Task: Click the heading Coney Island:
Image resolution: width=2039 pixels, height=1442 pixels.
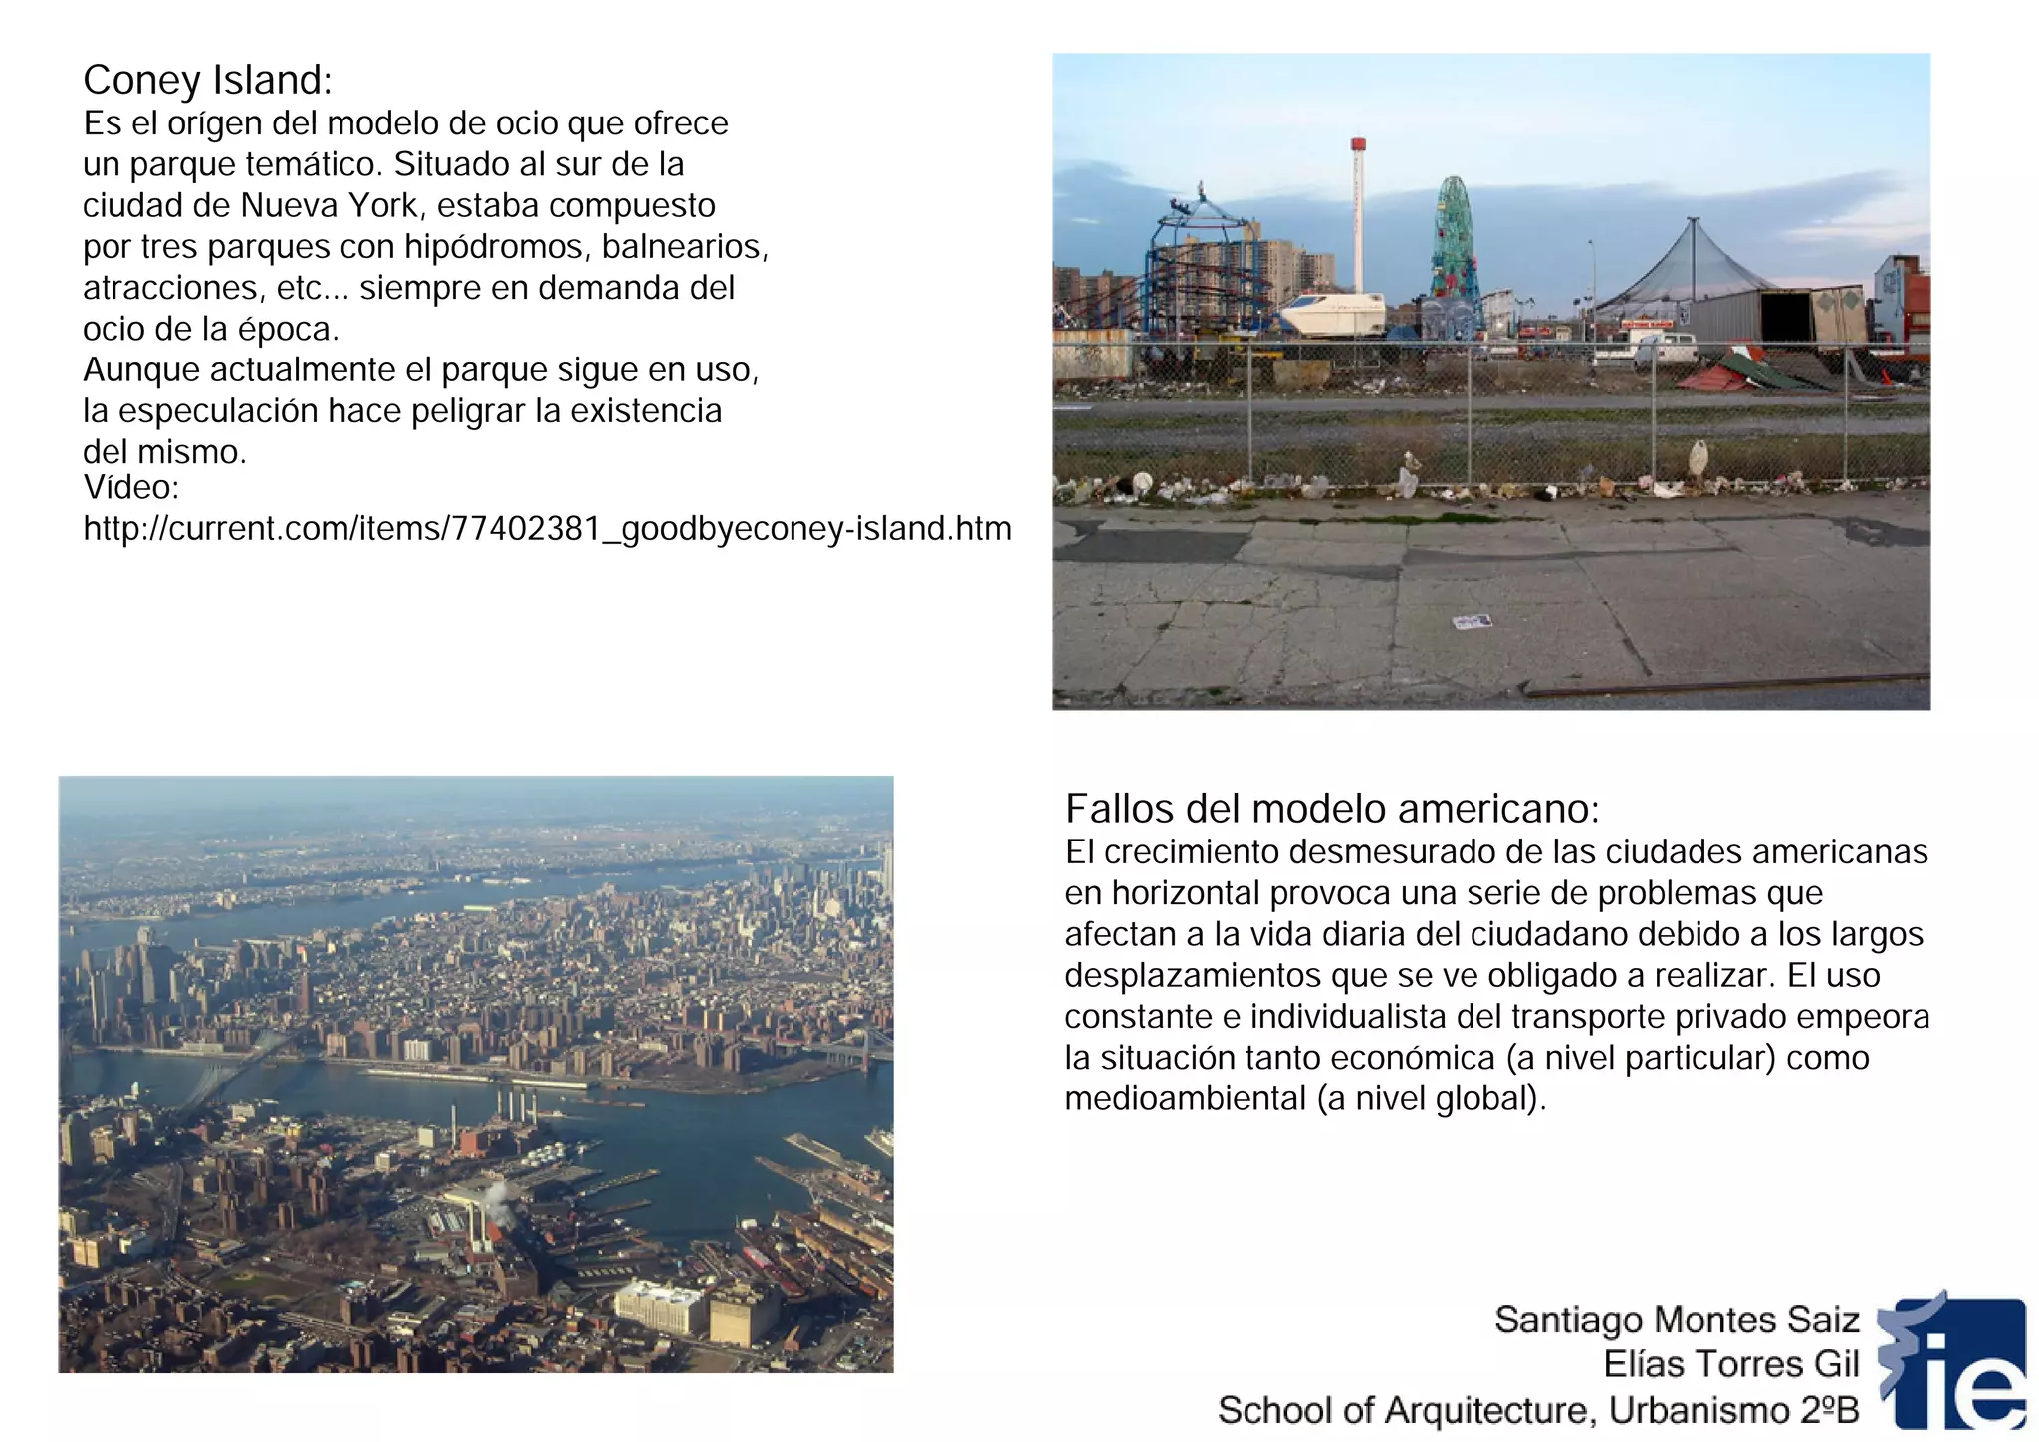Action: (207, 80)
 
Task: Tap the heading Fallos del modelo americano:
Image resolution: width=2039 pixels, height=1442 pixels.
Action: (1331, 809)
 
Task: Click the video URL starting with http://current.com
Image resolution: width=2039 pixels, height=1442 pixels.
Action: (547, 528)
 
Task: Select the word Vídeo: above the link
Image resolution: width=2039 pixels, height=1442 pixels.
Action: (130, 487)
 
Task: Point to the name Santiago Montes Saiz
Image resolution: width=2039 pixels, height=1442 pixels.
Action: (1676, 1320)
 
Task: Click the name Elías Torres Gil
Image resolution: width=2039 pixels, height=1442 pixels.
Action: (1730, 1364)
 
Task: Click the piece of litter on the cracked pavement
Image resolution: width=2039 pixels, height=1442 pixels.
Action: (1473, 622)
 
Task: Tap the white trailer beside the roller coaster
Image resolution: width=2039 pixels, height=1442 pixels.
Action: (1332, 314)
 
